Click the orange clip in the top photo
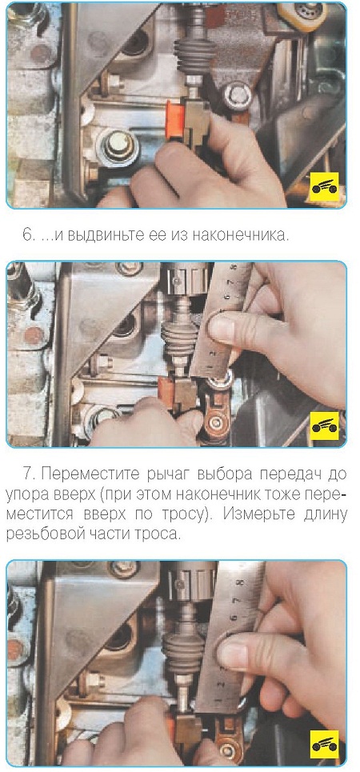tap(175, 119)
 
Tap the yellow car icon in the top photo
tap(324, 187)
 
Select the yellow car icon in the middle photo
tap(324, 426)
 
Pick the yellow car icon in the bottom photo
tap(324, 745)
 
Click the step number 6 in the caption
tap(27, 234)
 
